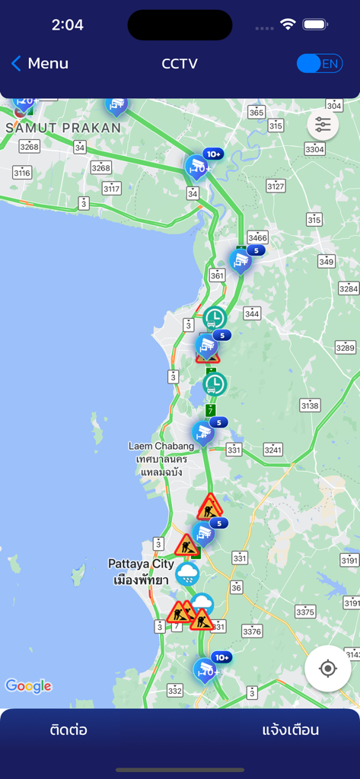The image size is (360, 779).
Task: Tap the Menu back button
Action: [x=40, y=64]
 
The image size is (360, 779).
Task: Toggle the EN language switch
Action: [x=320, y=64]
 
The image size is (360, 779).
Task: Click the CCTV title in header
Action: [x=180, y=64]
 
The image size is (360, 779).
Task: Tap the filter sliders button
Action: [x=323, y=126]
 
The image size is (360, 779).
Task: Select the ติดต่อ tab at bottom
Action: [x=68, y=730]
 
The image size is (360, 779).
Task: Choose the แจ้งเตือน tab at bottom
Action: [x=290, y=730]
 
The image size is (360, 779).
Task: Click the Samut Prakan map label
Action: [x=63, y=128]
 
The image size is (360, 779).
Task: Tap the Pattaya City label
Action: [x=141, y=564]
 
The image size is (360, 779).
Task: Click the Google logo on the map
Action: [x=28, y=686]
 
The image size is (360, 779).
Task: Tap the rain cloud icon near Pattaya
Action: [x=187, y=573]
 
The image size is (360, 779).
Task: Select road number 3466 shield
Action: [x=258, y=237]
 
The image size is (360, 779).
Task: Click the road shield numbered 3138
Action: [x=310, y=405]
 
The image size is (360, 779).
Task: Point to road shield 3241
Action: [x=272, y=449]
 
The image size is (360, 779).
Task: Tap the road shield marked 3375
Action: [x=305, y=611]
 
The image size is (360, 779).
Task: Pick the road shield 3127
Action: [x=276, y=186]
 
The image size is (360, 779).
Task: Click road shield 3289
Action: [x=346, y=348]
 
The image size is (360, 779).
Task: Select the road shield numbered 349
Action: [x=326, y=262]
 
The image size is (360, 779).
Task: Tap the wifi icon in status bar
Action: [x=288, y=24]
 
